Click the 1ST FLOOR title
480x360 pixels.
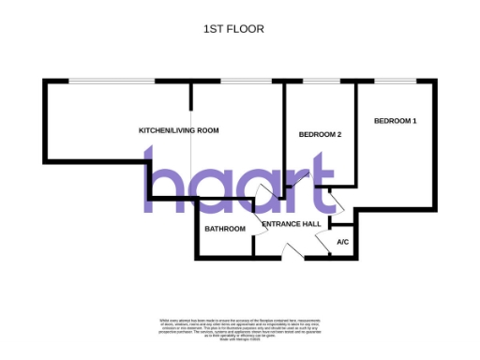coord(233,29)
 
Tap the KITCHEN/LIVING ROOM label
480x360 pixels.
coord(178,129)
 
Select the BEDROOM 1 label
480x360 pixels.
coord(396,121)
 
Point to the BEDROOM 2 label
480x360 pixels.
coord(320,135)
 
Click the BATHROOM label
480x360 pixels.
coord(225,229)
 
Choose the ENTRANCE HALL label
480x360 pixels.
coord(292,225)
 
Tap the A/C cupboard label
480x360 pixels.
coord(342,242)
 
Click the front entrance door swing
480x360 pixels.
coord(292,249)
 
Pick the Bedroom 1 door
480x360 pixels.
coord(337,199)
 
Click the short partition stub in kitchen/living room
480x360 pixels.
coord(192,96)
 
